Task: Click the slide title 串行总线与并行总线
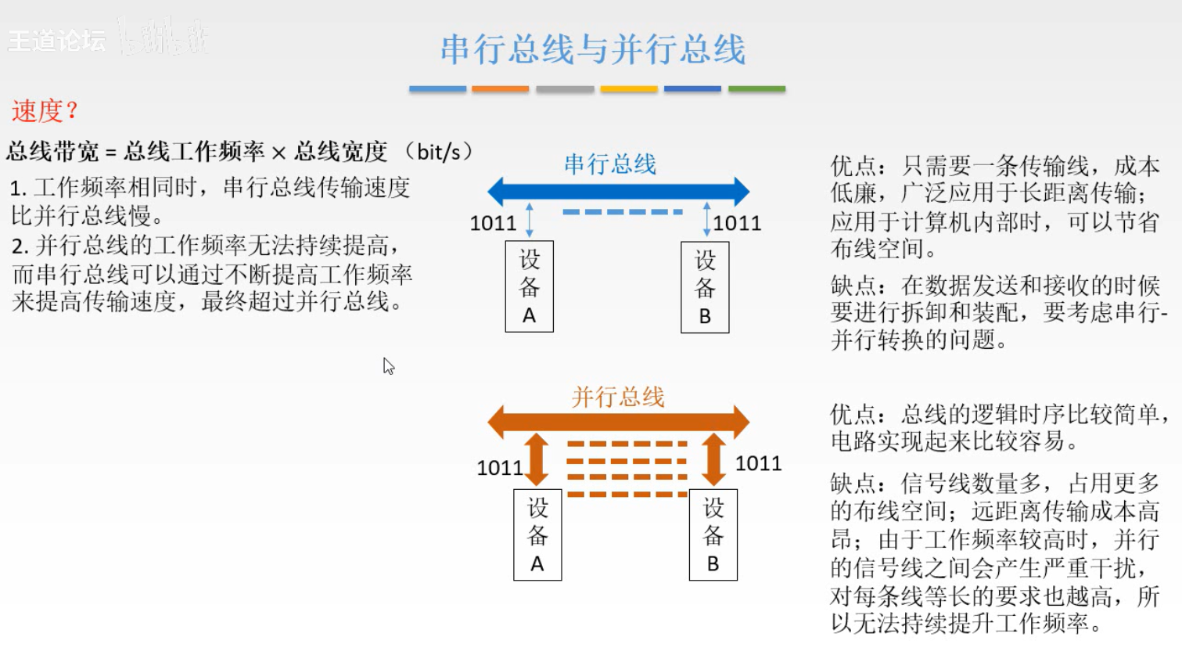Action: tap(592, 49)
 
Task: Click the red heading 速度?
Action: tap(45, 111)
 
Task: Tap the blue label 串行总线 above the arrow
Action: tap(610, 164)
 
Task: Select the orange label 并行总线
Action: tap(618, 397)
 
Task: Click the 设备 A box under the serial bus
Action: tap(530, 286)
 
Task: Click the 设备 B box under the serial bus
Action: tap(705, 288)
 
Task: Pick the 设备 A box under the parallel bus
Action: tap(537, 534)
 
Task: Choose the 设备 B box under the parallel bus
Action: tap(713, 534)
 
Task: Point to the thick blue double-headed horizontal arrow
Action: tap(618, 191)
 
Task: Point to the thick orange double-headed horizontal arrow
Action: tap(618, 422)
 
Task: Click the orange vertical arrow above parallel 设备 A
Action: tap(537, 460)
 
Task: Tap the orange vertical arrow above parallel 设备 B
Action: tap(713, 460)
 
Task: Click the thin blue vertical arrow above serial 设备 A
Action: tap(530, 220)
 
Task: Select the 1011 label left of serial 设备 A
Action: tap(493, 223)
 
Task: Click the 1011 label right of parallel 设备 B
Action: tap(758, 463)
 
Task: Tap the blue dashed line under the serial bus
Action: tap(623, 212)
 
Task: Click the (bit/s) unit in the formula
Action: tap(439, 151)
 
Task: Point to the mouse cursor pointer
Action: tap(388, 365)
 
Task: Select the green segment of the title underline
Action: tap(756, 89)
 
